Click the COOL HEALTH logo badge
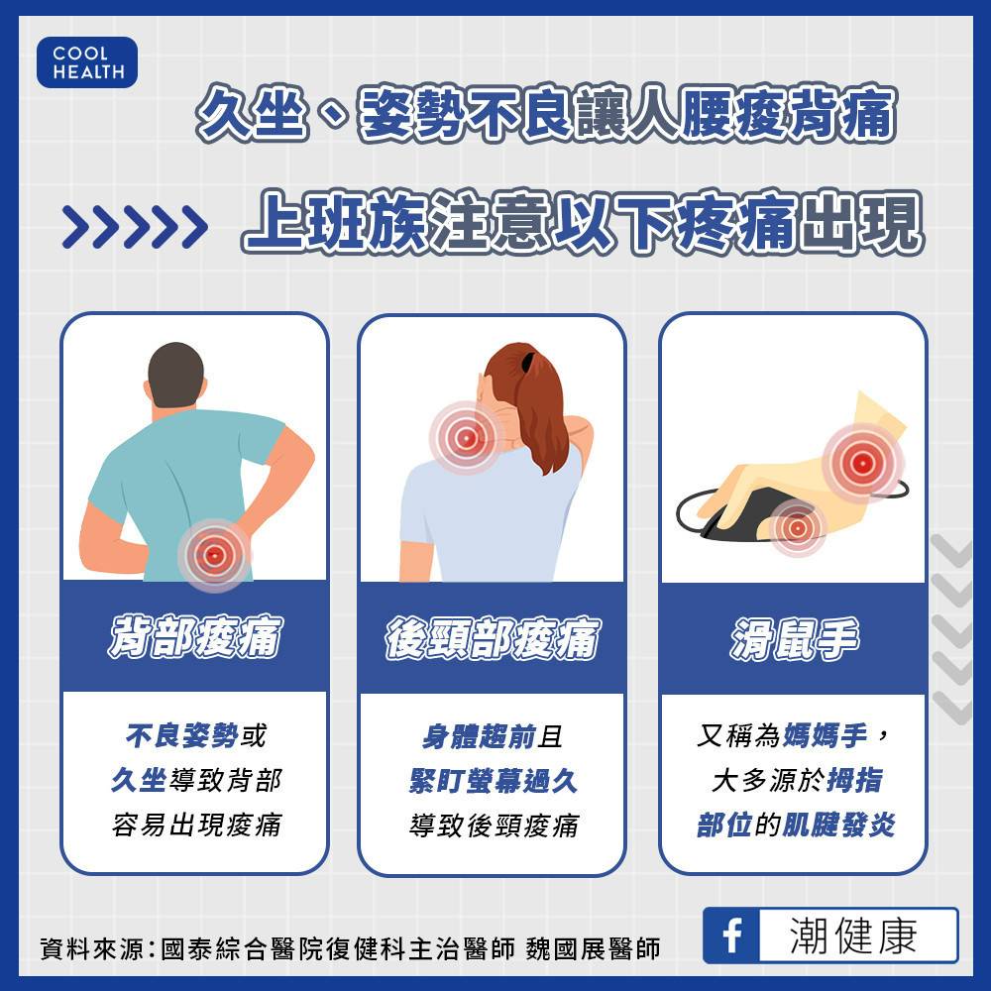click(87, 61)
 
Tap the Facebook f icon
click(731, 936)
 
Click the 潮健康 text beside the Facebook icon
click(853, 936)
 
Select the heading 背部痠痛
click(195, 636)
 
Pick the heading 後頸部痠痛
click(493, 638)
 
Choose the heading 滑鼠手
click(794, 638)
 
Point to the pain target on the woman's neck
click(466, 437)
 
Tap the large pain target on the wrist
click(863, 463)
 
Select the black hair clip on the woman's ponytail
click(526, 364)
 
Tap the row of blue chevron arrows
click(135, 226)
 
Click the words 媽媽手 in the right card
click(825, 735)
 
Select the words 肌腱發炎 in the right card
click(838, 825)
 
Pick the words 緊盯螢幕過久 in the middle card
click(493, 781)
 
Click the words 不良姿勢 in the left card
click(182, 735)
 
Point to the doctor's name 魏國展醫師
click(593, 948)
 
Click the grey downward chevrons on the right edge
click(951, 629)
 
